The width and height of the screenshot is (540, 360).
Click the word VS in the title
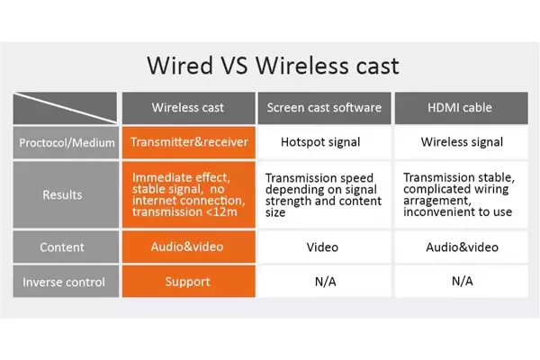tap(234, 65)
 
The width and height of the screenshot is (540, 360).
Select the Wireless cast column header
tap(188, 108)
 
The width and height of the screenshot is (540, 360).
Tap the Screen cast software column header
tap(324, 108)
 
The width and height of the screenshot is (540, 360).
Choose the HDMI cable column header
tap(461, 108)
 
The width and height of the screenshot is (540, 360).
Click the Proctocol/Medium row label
tap(66, 142)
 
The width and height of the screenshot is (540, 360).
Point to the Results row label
tap(66, 194)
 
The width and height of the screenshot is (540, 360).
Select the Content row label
tap(66, 247)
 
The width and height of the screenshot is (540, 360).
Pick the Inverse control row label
tap(66, 282)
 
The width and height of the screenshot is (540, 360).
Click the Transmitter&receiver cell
tap(189, 142)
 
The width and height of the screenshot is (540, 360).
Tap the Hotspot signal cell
tap(324, 142)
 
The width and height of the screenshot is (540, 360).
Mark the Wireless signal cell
tap(461, 142)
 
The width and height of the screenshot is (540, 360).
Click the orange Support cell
tap(189, 282)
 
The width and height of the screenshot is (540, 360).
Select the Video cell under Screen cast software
tap(324, 247)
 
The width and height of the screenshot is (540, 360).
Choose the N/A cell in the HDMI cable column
tap(461, 282)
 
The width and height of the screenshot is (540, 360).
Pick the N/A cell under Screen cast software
tap(324, 282)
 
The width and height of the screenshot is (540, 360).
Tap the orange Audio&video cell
tap(189, 247)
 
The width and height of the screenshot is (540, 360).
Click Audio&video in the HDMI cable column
tap(461, 247)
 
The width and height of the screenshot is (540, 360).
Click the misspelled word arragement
tap(436, 201)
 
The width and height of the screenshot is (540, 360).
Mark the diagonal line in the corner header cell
tap(66, 108)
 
